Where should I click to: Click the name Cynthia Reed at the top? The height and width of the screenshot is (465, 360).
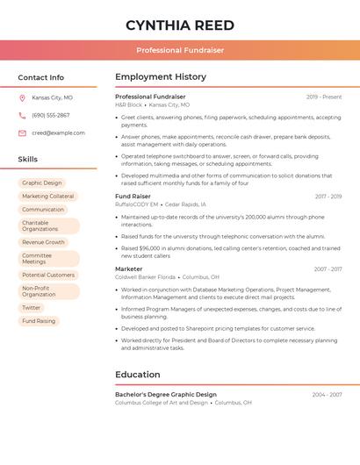[180, 24]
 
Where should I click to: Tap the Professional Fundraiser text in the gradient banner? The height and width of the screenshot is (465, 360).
[180, 50]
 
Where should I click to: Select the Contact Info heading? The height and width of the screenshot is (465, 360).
[41, 77]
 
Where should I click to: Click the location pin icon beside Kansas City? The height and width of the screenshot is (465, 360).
[22, 98]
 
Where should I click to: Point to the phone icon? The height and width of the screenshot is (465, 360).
[22, 116]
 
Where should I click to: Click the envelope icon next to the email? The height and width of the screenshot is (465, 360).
[22, 133]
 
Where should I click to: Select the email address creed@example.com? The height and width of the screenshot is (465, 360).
[58, 133]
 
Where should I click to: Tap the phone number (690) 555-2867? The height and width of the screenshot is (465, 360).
[50, 116]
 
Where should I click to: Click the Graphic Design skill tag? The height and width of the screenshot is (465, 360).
[42, 183]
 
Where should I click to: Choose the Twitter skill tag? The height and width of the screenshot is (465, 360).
[32, 308]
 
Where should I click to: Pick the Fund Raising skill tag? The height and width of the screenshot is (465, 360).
[39, 321]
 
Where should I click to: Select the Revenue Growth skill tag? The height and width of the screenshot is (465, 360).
[44, 242]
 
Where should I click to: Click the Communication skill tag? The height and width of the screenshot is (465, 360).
[43, 210]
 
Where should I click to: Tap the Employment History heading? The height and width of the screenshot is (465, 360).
[161, 77]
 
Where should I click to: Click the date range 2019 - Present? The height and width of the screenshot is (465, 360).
[324, 97]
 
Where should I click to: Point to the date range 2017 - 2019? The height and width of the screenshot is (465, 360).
[328, 197]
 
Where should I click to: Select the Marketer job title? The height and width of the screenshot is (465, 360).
[128, 269]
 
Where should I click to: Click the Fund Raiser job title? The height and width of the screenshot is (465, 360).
[133, 197]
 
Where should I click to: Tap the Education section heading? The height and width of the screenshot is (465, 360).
[137, 375]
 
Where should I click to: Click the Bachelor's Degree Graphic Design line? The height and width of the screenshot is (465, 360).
[165, 395]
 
